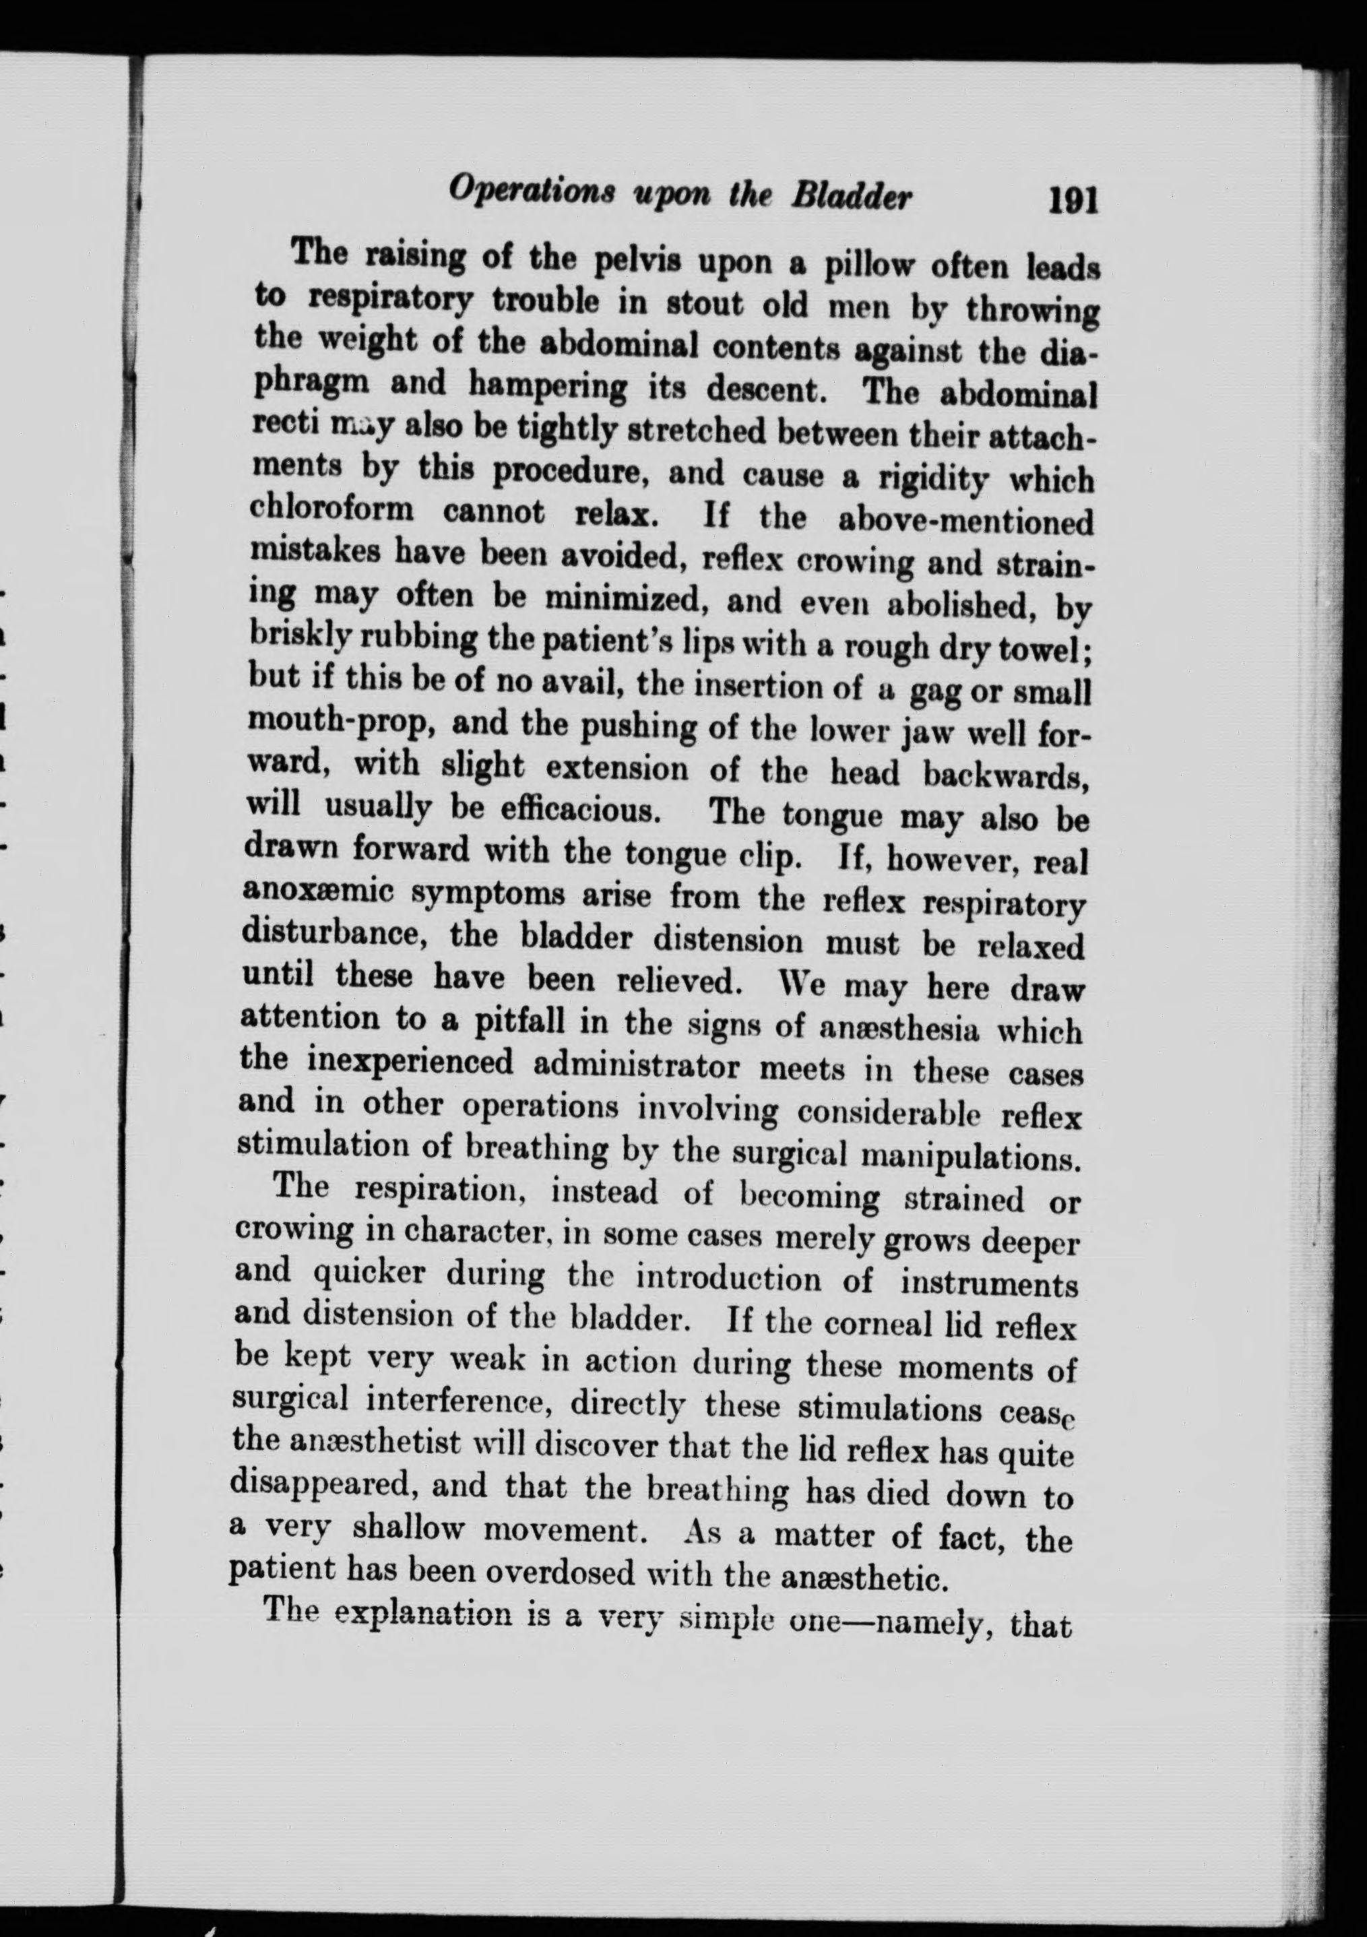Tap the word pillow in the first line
[869, 269]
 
